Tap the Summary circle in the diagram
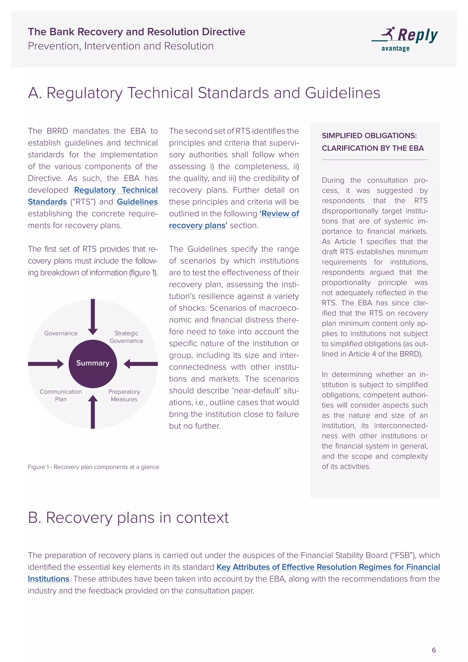93,363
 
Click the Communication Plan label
61,395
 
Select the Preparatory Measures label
124,395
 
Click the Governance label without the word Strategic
61,333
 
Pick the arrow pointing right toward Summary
46,364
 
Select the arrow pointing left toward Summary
141,364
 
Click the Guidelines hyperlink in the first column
137,202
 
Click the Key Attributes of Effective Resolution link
328,567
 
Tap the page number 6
434,650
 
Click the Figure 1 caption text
93,467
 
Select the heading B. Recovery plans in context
128,518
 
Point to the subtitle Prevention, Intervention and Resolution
120,46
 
